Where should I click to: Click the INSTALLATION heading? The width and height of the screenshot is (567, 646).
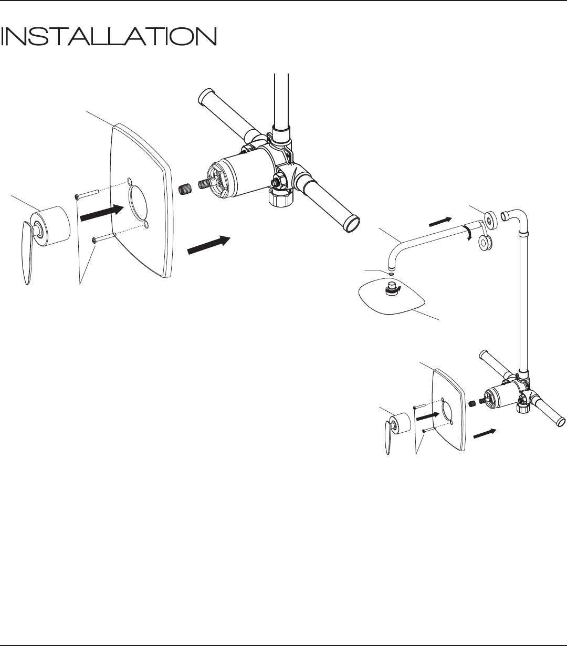pos(108,36)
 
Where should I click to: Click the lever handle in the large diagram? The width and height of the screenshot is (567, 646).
pos(27,252)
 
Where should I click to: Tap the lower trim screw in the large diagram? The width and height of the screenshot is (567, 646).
pos(103,237)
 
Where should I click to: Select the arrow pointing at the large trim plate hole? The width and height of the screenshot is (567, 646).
pos(102,213)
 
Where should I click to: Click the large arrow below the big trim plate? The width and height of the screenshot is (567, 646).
pos(209,245)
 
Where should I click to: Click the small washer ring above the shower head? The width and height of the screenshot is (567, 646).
pos(391,274)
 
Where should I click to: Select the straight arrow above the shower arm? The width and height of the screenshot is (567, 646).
pos(440,222)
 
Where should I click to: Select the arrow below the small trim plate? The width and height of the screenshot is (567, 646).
pos(485,434)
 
